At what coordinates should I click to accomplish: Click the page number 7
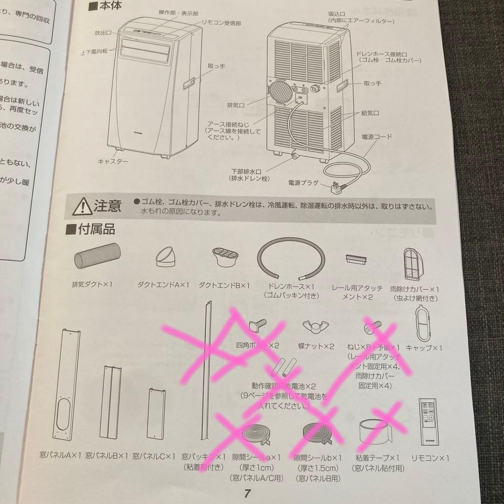click(247, 493)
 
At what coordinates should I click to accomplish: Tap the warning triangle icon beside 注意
click(83, 206)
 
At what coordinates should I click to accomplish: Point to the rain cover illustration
click(414, 263)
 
